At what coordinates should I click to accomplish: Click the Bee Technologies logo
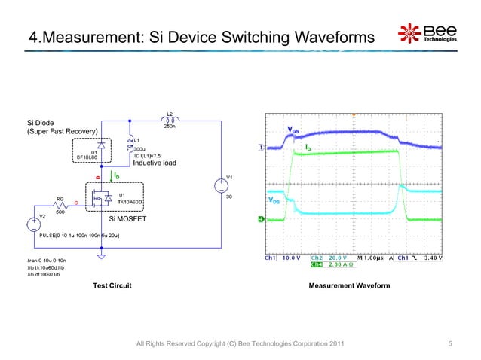pos(427,35)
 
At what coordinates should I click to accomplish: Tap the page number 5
pos(449,344)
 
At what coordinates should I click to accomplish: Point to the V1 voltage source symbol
pos(220,185)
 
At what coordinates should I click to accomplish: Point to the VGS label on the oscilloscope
pos(293,130)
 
